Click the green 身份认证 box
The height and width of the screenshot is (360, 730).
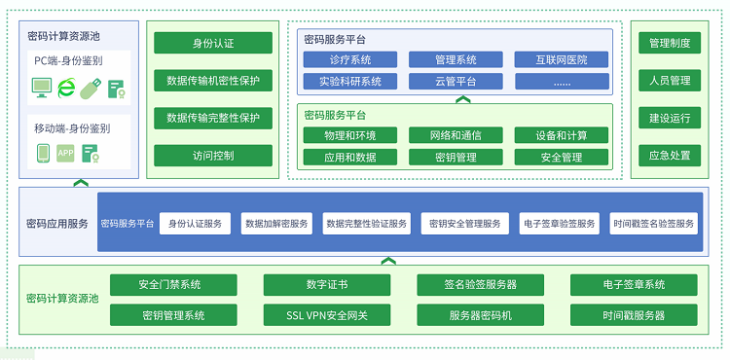pos(213,44)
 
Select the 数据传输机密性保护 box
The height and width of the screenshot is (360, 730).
pos(213,81)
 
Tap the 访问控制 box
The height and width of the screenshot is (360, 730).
pos(213,155)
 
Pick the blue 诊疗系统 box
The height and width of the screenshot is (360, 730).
pos(349,60)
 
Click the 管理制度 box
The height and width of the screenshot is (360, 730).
pos(670,44)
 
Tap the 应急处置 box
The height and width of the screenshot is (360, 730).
pos(670,155)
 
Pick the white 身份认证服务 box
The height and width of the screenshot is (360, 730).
pos(195,224)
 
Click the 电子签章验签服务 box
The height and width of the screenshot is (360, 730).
pos(560,224)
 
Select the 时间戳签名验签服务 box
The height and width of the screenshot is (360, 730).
pos(654,224)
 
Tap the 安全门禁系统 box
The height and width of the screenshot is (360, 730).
pos(170,285)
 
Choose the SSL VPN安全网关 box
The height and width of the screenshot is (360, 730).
pos(327,315)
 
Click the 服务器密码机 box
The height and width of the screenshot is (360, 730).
pos(481,315)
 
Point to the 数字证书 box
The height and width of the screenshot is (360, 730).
pos(327,285)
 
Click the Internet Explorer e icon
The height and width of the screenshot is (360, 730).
pos(66,89)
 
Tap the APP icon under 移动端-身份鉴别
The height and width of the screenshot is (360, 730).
pos(65,153)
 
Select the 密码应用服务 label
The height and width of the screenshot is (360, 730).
pos(57,224)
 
